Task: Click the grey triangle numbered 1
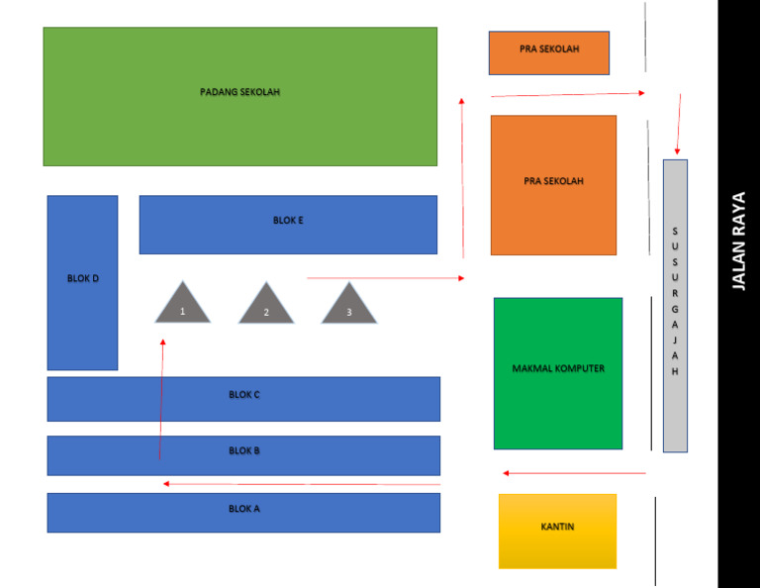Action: point(183,306)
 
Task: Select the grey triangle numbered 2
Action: point(266,306)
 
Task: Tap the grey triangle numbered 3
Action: point(349,306)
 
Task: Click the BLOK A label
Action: point(244,509)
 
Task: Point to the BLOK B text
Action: point(244,450)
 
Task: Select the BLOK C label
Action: point(244,395)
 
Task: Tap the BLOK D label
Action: point(83,278)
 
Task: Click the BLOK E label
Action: point(288,220)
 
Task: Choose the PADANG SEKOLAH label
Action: point(239,92)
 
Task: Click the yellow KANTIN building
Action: point(557,532)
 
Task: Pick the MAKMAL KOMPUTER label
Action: point(558,368)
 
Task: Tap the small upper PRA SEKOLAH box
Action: point(549,52)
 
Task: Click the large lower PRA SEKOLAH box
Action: point(553,185)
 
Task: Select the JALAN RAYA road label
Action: point(738,242)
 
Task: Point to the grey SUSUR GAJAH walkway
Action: point(675,306)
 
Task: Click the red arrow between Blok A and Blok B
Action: point(302,484)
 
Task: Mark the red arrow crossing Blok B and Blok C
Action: point(161,399)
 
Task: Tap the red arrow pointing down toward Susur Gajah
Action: point(679,124)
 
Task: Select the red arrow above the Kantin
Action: point(574,473)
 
